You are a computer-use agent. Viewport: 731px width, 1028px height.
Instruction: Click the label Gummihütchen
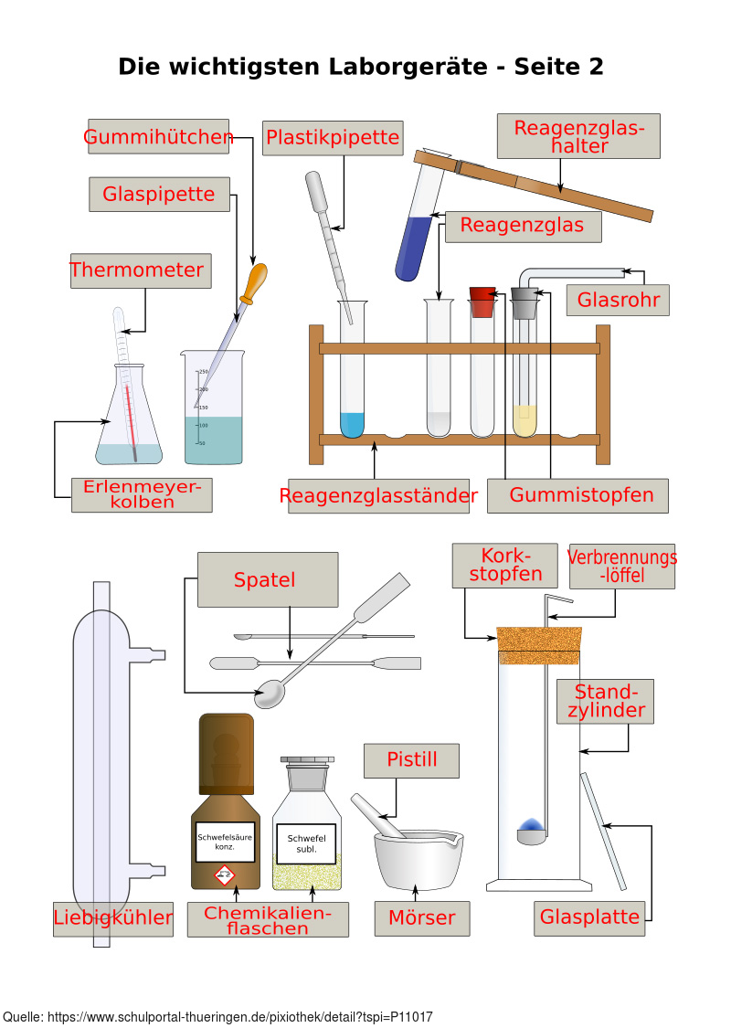[158, 137]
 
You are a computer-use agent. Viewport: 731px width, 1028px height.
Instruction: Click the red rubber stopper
[482, 302]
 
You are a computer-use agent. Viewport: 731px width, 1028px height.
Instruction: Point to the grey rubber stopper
[524, 302]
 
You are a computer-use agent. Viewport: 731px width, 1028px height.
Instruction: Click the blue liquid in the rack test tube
[352, 423]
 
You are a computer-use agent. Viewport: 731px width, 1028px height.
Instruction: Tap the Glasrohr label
[618, 300]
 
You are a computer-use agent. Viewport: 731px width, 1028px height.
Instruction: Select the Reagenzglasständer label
[378, 496]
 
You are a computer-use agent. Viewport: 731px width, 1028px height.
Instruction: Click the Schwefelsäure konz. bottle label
[225, 841]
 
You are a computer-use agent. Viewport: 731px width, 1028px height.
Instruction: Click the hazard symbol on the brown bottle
[225, 877]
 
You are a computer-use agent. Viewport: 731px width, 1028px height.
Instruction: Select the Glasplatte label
[589, 917]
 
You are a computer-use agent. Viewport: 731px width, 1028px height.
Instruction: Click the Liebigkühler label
[113, 917]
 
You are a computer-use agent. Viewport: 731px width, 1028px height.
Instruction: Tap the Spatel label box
[268, 579]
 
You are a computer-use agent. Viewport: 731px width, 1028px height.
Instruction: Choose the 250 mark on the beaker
[204, 372]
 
